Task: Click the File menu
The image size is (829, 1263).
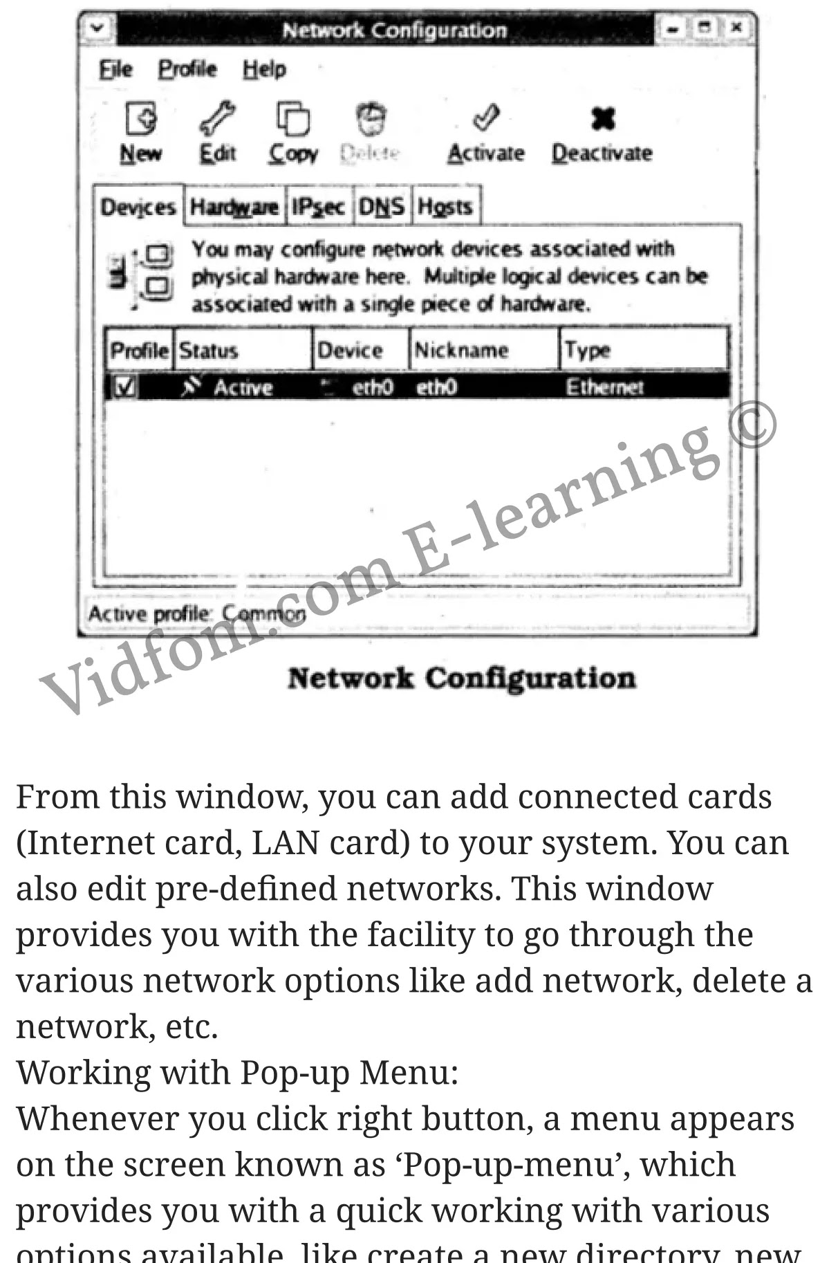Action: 115,70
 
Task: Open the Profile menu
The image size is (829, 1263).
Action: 187,70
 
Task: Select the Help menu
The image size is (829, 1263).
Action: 264,70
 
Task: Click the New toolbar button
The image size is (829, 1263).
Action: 141,132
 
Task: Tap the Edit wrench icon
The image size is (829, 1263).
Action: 218,118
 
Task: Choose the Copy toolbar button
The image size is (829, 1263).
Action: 293,132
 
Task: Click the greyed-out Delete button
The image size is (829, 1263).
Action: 371,132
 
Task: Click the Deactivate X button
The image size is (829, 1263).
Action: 602,120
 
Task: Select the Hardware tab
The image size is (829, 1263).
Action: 234,207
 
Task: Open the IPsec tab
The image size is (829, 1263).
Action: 318,207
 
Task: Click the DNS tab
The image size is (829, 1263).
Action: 382,207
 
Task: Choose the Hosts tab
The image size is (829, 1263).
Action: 445,207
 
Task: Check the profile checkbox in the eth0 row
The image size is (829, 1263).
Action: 125,387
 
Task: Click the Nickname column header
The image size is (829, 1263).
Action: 461,351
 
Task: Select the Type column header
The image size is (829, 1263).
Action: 588,351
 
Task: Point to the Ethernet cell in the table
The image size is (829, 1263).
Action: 604,387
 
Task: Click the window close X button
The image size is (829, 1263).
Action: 737,28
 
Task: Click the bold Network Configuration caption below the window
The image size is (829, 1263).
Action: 461,679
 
